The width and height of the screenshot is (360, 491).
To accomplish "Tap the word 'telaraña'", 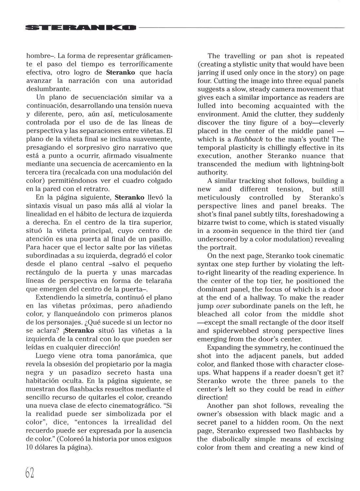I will [157, 281].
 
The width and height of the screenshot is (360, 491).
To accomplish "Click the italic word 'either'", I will [335, 390].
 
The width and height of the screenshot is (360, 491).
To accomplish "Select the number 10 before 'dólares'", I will [30, 447].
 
